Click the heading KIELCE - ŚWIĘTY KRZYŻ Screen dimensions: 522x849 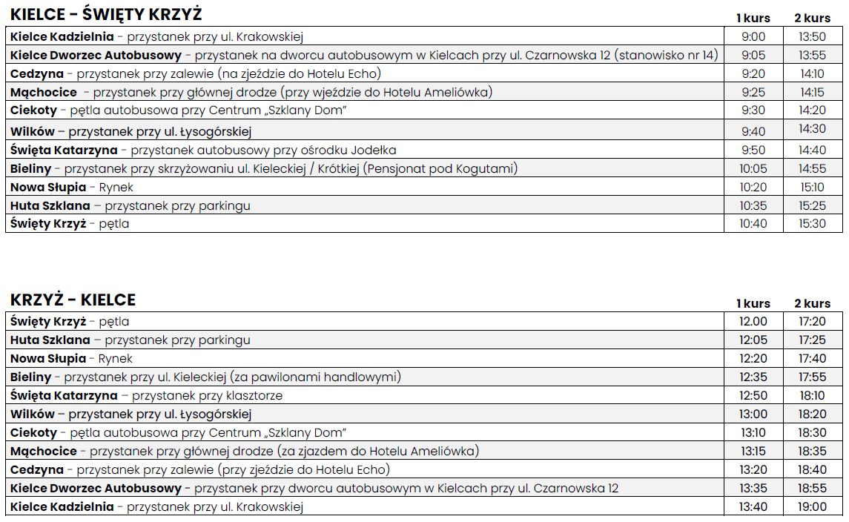(106, 15)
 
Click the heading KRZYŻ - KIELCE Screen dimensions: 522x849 (73, 300)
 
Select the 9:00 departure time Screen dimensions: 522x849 (753, 36)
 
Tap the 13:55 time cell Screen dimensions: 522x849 (812, 55)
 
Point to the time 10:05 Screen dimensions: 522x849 (753, 168)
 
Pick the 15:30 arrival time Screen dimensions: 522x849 (812, 223)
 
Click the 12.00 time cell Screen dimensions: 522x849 (753, 321)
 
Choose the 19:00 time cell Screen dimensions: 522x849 (812, 507)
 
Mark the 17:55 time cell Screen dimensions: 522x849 (812, 377)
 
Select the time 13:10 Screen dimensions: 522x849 (753, 432)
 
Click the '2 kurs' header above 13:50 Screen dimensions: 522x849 (812, 18)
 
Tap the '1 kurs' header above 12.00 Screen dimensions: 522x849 (753, 303)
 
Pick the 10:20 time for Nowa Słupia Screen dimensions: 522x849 (753, 187)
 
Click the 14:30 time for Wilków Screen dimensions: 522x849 (812, 128)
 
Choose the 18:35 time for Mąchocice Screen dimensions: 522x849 (812, 451)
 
